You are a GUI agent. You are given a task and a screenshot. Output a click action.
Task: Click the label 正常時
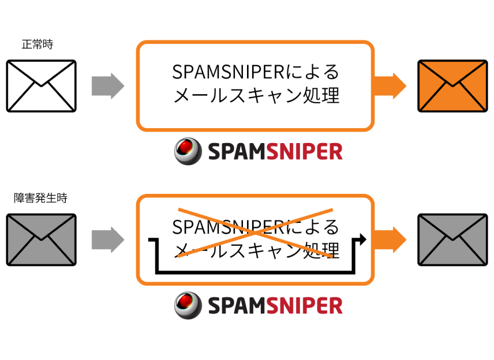38,44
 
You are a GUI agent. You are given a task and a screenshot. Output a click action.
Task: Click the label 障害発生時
40,198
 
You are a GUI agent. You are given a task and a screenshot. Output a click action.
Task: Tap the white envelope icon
42,86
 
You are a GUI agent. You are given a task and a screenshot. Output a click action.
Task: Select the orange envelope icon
452,86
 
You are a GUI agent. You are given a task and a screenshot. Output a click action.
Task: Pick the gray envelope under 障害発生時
42,240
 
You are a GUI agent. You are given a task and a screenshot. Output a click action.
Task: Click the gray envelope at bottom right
452,240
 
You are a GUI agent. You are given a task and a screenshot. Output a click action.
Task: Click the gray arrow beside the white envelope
108,86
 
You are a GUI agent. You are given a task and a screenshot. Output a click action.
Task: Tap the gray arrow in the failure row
108,239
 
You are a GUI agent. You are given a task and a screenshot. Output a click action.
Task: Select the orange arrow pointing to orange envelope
390,86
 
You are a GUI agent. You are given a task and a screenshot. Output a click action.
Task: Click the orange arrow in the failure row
390,239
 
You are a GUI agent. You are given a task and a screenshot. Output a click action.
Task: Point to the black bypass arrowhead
362,239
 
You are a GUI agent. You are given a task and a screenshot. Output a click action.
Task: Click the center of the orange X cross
256,232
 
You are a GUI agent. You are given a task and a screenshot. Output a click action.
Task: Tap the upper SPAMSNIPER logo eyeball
188,151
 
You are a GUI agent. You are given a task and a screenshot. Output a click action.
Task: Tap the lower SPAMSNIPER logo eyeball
188,306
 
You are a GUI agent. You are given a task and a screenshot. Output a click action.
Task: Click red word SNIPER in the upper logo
304,152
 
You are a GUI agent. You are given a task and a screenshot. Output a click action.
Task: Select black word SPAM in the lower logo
237,306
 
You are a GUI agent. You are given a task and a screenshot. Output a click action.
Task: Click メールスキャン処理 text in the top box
256,95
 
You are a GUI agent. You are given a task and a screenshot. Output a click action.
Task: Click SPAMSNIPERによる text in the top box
256,72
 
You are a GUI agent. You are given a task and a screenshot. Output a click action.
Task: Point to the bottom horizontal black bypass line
256,272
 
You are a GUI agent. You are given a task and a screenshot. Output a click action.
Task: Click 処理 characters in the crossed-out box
321,250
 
